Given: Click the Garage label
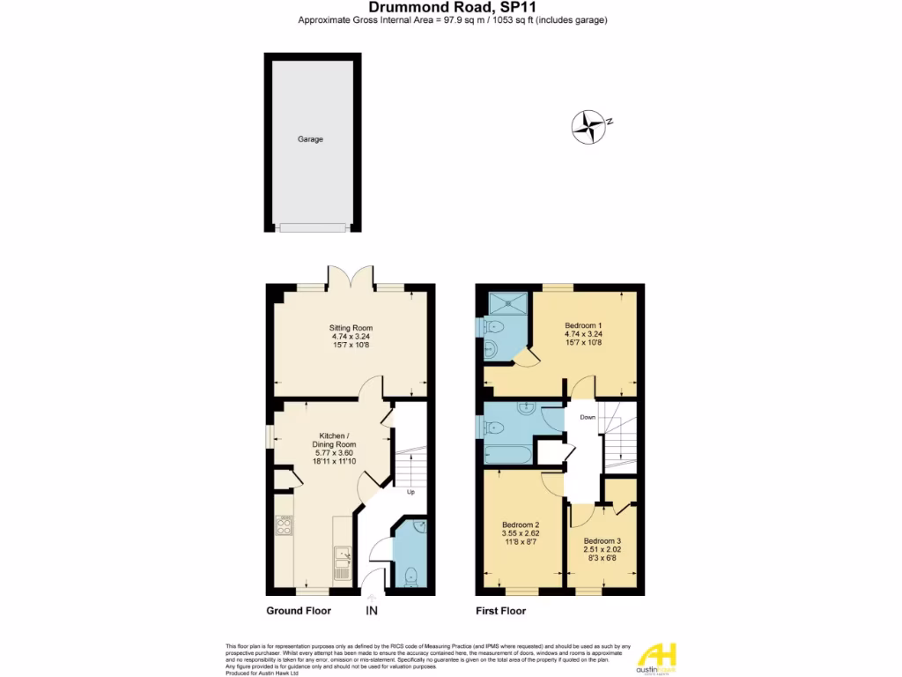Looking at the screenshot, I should coord(310,139).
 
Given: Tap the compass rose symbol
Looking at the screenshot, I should coord(588,126).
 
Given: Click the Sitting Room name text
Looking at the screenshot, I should coord(352,327).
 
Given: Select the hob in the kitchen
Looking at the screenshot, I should coord(285,525).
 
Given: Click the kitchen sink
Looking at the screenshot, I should coord(341,557).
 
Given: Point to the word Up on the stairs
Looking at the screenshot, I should coord(410,492).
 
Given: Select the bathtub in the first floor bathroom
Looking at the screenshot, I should coord(507,456).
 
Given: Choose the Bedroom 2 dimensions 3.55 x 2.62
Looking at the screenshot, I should coord(520,532).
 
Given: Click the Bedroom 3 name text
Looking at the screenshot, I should coord(603,540).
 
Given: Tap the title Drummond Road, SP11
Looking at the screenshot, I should coord(452,7).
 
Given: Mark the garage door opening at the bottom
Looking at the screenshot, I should coord(312,227).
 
